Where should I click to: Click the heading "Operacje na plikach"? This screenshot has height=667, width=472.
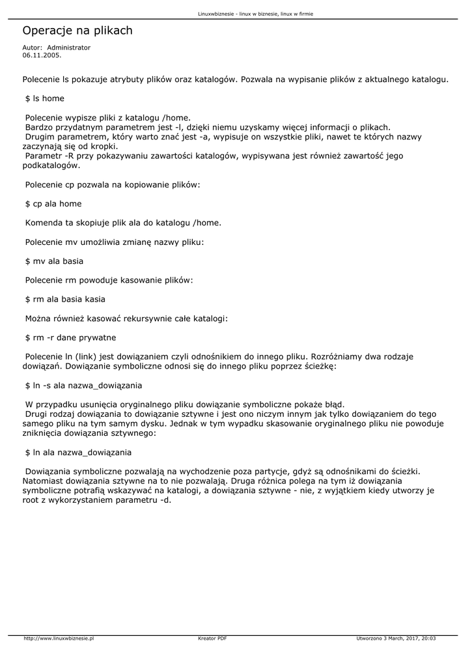[77, 31]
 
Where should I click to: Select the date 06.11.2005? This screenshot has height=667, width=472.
[42, 55]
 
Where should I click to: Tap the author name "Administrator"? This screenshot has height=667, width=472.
[69, 48]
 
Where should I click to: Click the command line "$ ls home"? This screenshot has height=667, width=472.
[45, 98]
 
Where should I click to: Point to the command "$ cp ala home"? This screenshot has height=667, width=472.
[53, 204]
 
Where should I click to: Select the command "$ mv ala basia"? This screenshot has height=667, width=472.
[54, 261]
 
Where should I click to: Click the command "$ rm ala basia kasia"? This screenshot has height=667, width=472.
[65, 299]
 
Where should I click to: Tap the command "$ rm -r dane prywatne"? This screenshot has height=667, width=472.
[70, 337]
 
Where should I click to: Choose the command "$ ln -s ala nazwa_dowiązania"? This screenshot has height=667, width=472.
[83, 385]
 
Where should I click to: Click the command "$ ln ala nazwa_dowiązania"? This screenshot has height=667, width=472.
[78, 451]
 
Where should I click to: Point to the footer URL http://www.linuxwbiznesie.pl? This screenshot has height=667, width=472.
[59, 639]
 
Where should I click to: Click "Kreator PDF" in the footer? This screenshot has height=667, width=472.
[212, 639]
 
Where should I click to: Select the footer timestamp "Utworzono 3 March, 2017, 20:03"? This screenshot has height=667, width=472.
[396, 639]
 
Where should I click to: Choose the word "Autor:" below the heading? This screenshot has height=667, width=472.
[33, 48]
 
